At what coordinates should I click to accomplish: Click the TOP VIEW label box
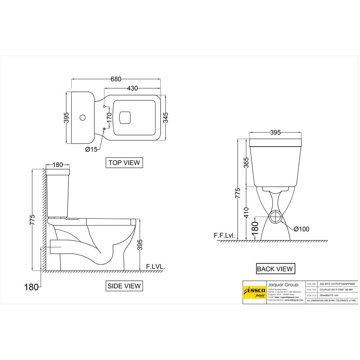coord(124,163)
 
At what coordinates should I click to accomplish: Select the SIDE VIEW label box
coord(124,286)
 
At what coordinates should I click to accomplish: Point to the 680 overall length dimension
coord(116,79)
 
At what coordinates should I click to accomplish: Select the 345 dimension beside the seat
coord(166,117)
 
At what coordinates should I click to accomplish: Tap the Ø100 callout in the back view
coord(301,229)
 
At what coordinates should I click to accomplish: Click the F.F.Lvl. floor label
coord(224,236)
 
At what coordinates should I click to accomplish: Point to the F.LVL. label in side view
coord(155,267)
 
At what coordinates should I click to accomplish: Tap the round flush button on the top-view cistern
coord(82,118)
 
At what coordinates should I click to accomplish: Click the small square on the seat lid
coord(125,117)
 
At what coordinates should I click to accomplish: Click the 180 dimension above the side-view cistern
coord(58,165)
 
